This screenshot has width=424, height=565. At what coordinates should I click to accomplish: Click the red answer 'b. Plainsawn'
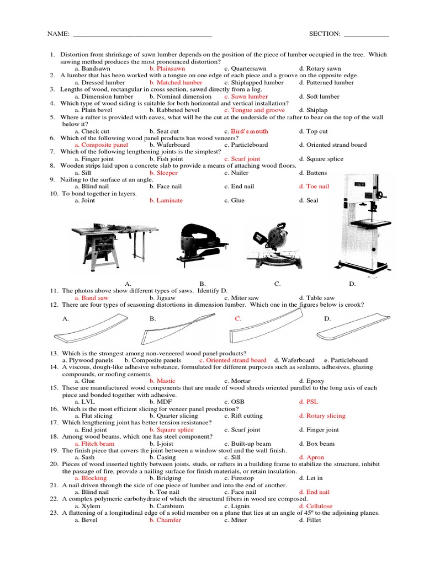coord(167,68)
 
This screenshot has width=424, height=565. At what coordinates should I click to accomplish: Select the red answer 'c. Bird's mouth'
coord(246,131)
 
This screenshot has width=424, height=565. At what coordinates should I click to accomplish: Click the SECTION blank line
coord(366,34)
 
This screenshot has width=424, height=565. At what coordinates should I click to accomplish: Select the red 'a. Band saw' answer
coord(92,298)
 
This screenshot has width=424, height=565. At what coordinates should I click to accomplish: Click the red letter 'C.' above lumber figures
coord(238,318)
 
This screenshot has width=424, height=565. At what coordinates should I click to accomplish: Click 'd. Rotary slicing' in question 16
coord(322,415)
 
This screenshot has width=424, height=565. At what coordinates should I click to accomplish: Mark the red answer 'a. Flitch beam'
coord(94,443)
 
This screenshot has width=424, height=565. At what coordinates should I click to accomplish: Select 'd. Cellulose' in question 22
coord(315,505)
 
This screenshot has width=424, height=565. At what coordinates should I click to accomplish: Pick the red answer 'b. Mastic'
coord(162,381)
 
